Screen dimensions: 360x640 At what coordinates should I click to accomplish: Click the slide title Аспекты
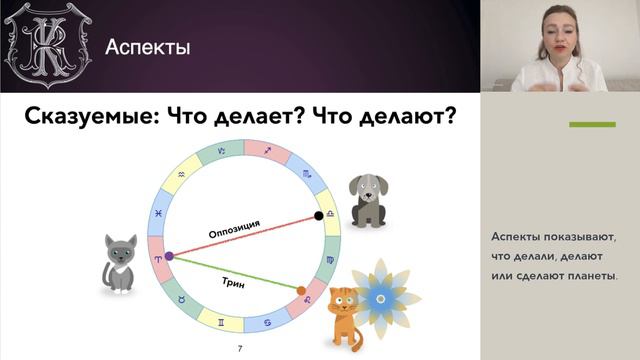[148, 47]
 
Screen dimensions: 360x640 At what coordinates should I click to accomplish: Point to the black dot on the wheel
[319, 215]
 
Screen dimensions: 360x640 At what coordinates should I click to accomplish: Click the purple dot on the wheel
[168, 256]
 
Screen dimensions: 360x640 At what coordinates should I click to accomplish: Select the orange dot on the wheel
[302, 291]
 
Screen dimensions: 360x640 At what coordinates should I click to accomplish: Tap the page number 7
[239, 349]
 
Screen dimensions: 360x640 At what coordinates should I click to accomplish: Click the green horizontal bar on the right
[592, 125]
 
